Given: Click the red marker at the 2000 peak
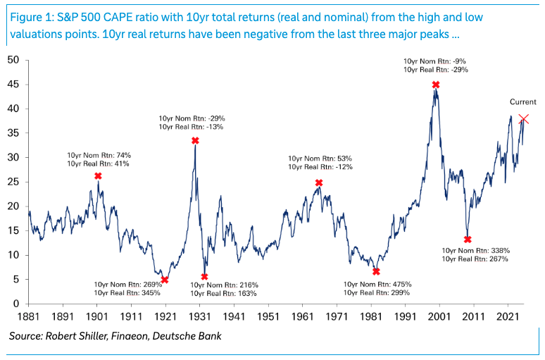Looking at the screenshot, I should [x=436, y=85].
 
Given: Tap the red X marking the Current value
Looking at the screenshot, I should [x=523, y=119].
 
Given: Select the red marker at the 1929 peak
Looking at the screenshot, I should [x=195, y=141].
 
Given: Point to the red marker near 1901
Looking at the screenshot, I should [x=98, y=176].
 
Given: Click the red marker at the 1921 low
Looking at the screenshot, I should [x=165, y=280].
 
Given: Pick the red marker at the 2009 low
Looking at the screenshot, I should [x=468, y=240].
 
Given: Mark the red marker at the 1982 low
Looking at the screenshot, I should [x=376, y=271].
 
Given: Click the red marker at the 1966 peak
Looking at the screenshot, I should [x=319, y=183].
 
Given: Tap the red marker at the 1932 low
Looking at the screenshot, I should [x=204, y=277].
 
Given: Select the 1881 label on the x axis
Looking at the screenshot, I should [x=28, y=318].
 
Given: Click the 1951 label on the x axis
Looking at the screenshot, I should [x=268, y=318].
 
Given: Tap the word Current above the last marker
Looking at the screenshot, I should [x=523, y=102].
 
